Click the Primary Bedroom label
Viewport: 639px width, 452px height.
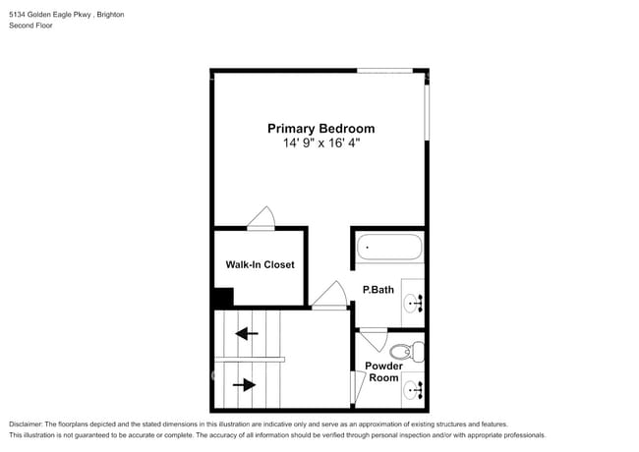(x=321, y=128)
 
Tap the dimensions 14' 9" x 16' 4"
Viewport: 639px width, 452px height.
(x=321, y=143)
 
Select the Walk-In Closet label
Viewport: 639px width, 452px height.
(x=260, y=264)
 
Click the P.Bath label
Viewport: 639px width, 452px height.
(x=378, y=290)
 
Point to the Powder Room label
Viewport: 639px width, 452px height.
(x=383, y=371)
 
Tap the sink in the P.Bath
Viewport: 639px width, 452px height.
(x=413, y=304)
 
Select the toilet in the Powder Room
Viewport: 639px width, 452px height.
(x=405, y=351)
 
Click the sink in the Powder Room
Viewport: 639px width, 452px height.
(x=413, y=390)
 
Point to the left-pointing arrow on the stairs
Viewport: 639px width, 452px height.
(x=247, y=333)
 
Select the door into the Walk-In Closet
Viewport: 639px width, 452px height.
(x=261, y=219)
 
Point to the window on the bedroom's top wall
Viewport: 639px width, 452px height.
(x=384, y=71)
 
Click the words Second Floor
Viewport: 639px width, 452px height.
(x=31, y=26)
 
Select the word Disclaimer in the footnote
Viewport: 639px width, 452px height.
(x=29, y=423)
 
